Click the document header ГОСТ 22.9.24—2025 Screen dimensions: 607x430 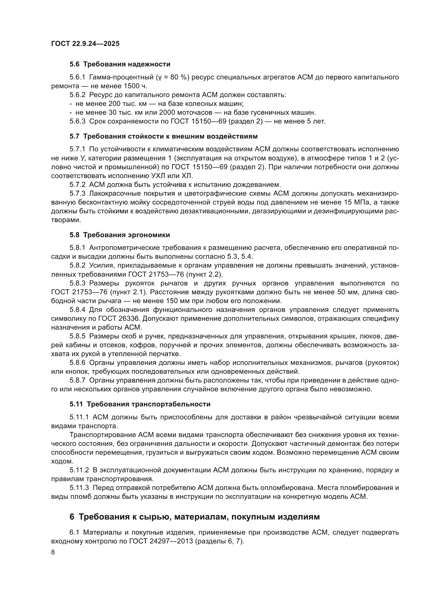85,44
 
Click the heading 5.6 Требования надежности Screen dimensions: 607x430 120,64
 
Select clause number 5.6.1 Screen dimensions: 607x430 77,77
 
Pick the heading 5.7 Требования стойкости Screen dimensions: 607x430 163,137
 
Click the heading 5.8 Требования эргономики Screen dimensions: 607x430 120,235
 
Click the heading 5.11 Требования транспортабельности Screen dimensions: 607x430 140,404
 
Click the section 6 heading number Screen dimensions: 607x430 72,517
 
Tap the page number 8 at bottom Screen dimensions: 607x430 53,552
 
